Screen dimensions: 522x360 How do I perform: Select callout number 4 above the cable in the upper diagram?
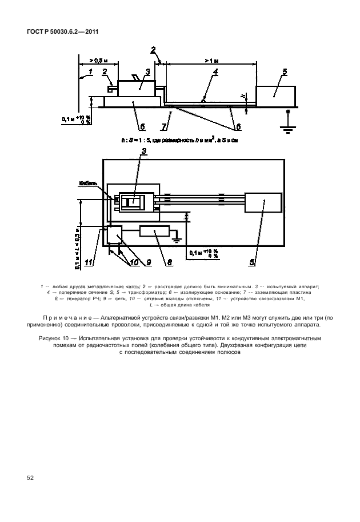(215, 72)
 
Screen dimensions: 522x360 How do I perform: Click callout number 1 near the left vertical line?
(89, 72)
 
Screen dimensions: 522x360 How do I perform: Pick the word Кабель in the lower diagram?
(88, 184)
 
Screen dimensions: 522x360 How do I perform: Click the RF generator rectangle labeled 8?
(154, 233)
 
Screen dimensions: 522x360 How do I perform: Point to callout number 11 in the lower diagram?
(88, 264)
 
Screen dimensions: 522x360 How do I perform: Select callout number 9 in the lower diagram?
(148, 264)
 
